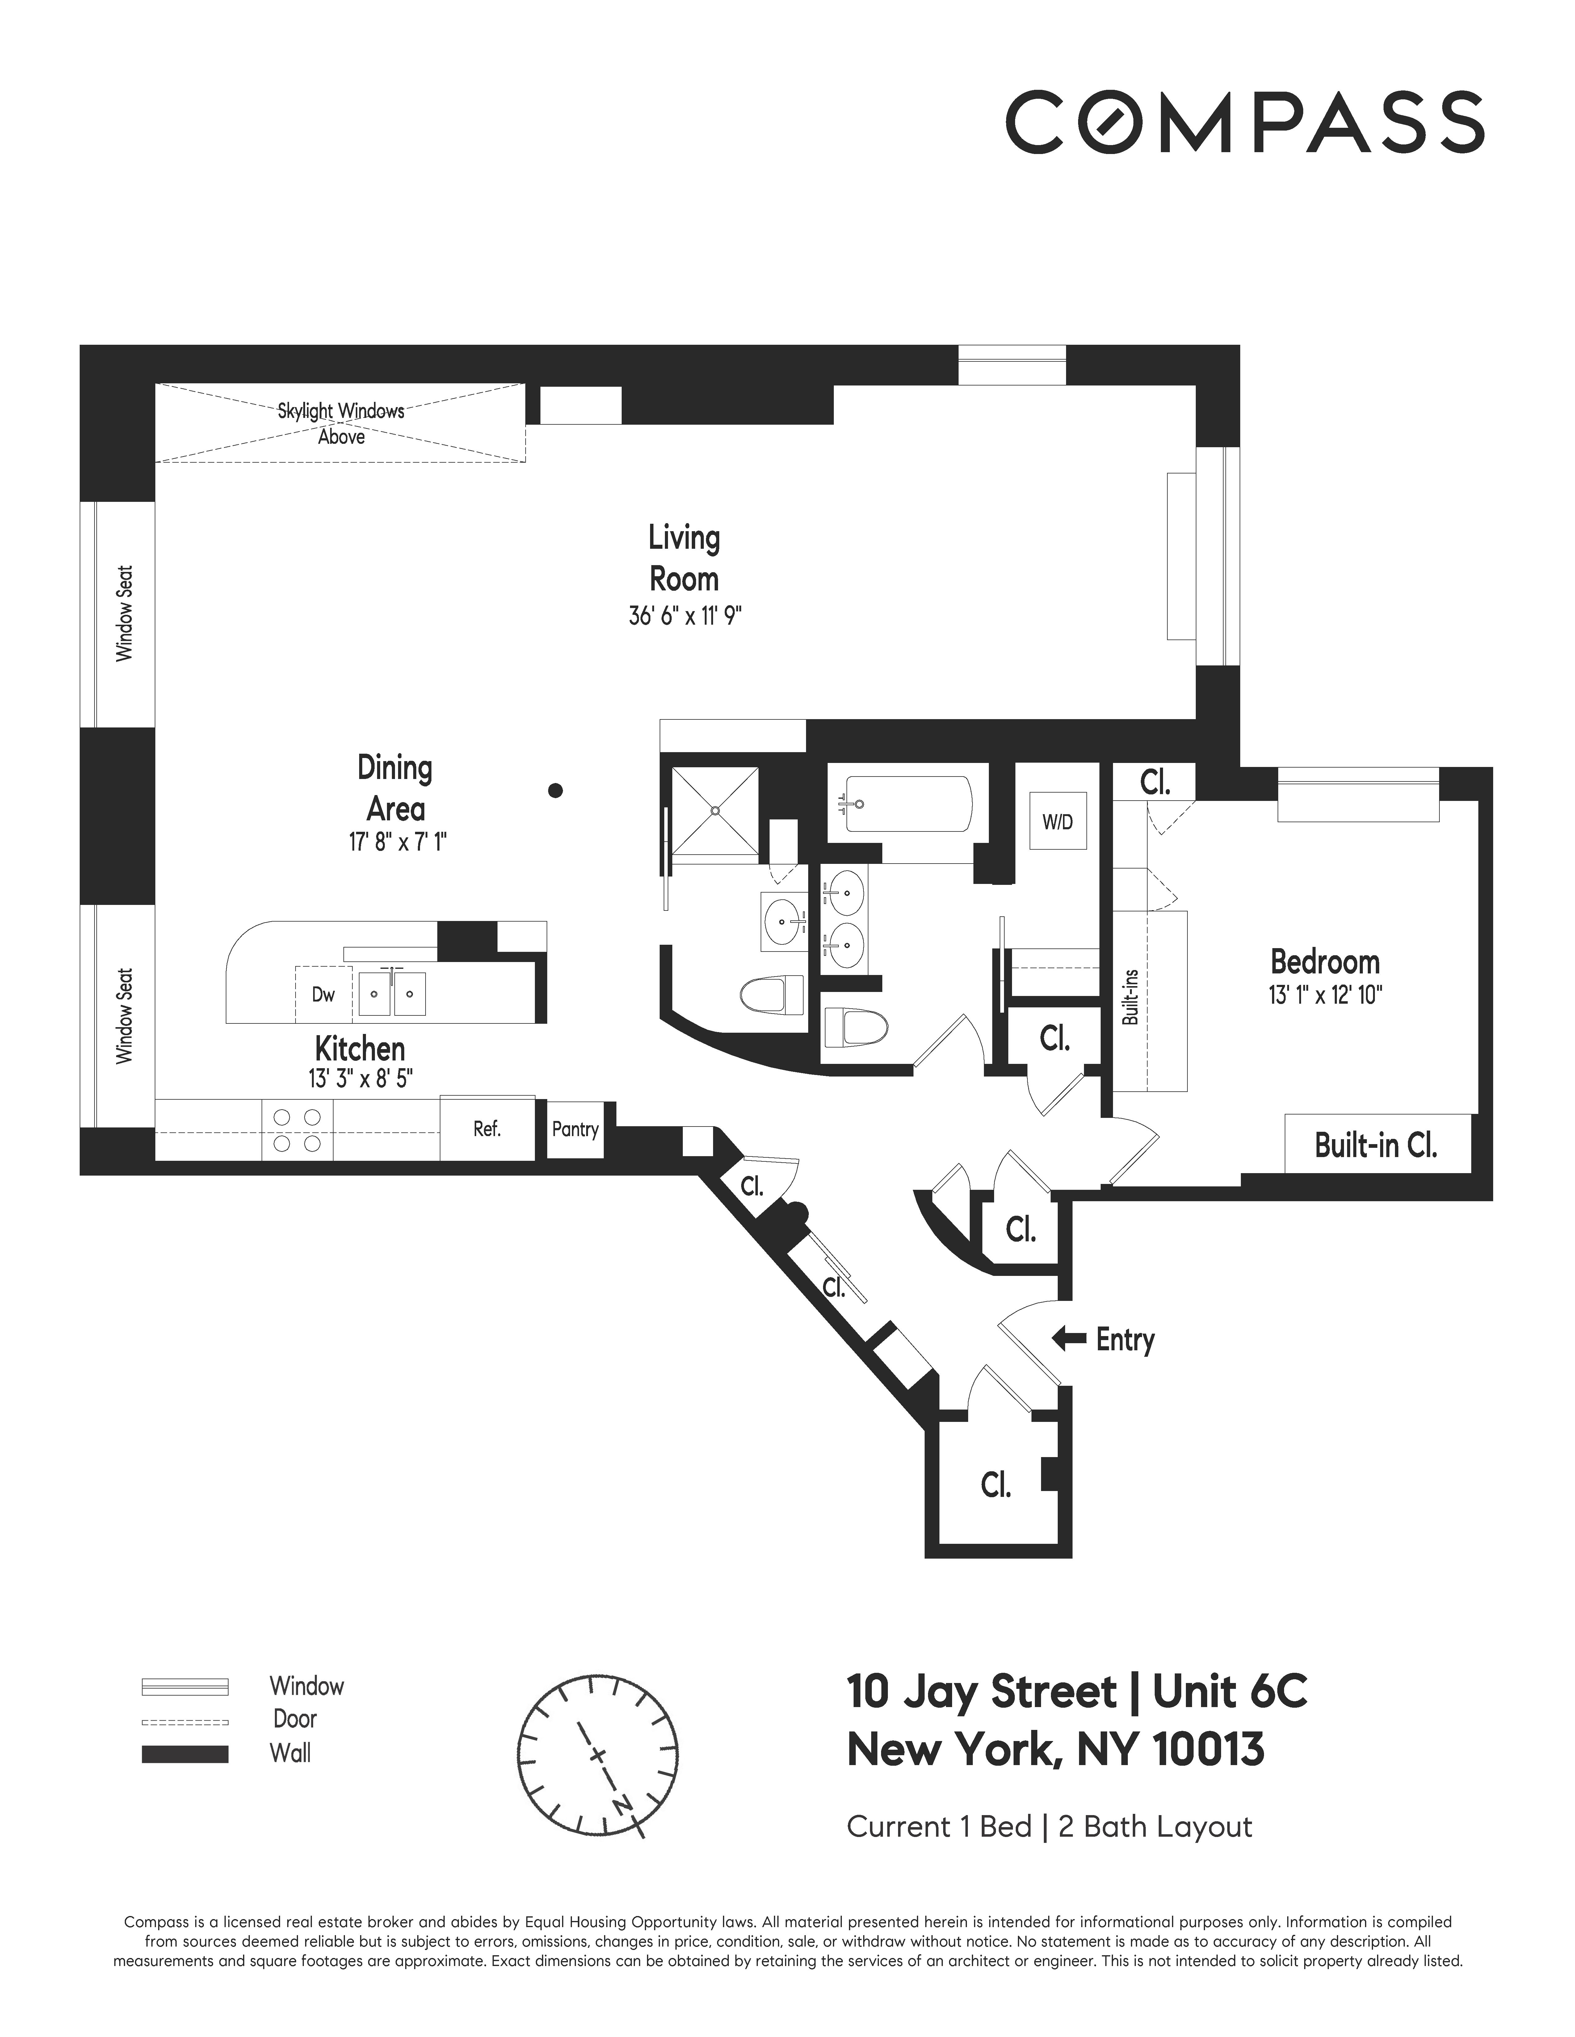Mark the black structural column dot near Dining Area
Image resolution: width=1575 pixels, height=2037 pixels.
pos(555,791)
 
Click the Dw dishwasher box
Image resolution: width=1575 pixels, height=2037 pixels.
pos(323,994)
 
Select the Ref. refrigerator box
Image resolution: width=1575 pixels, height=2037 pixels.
pos(487,1130)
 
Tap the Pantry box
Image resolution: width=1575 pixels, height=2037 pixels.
pos(575,1130)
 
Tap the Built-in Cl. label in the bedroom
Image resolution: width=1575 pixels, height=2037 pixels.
pos(1376,1144)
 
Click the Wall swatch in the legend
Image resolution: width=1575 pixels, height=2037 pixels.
pos(185,1753)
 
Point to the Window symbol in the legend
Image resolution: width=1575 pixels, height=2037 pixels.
pos(185,1686)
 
